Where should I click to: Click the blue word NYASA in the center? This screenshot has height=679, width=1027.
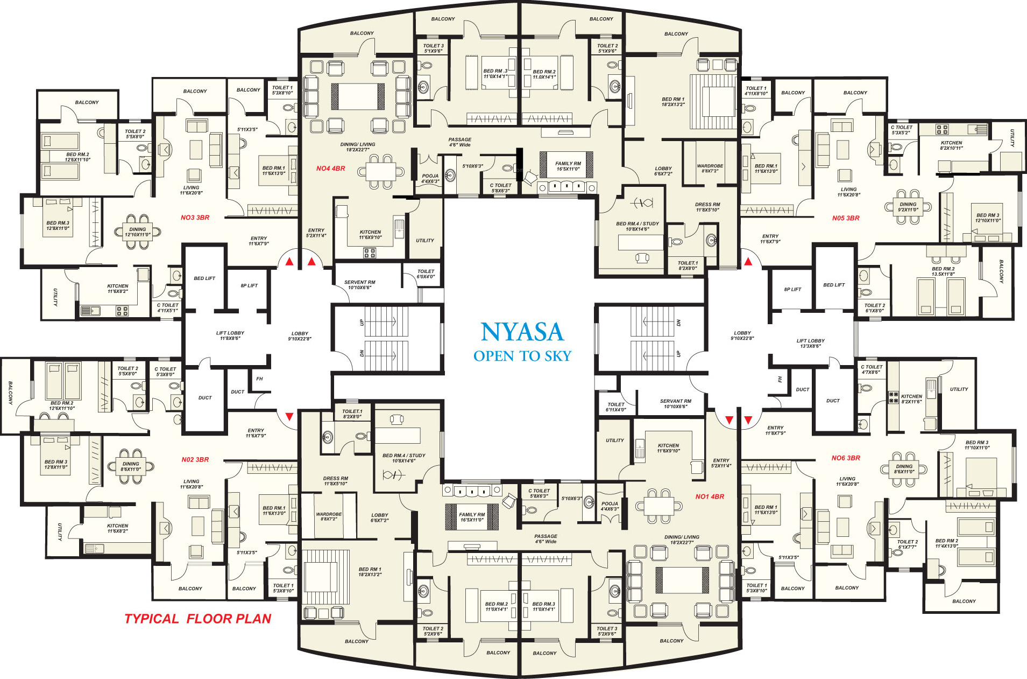click(522, 332)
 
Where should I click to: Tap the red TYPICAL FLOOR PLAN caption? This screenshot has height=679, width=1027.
click(197, 619)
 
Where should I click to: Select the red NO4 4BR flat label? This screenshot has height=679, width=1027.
click(330, 169)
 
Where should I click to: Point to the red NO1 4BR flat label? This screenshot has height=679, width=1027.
click(710, 496)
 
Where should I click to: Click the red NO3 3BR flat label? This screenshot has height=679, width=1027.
click(195, 218)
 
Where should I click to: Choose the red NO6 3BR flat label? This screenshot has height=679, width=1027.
click(846, 458)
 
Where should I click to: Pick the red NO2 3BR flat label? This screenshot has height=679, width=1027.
click(195, 460)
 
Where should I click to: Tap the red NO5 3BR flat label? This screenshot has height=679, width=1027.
click(846, 218)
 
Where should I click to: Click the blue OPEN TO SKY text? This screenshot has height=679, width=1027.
click(522, 356)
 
